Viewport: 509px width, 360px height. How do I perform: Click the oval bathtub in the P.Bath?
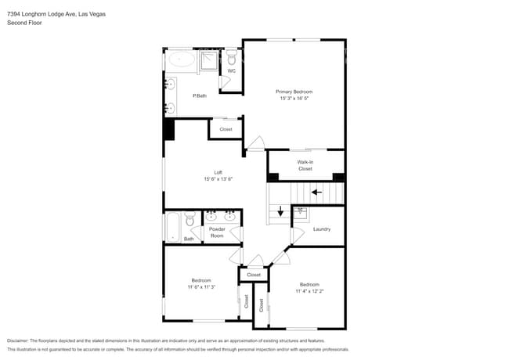pyautogui.click(x=183, y=59)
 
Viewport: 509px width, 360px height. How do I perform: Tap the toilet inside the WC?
pyautogui.click(x=233, y=59)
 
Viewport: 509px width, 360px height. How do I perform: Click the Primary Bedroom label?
pyautogui.click(x=294, y=92)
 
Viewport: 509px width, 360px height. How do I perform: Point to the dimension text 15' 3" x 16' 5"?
pyautogui.click(x=294, y=99)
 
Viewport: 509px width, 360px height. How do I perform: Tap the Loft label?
pyautogui.click(x=218, y=172)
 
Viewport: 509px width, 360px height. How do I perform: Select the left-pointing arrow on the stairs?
pyautogui.click(x=317, y=190)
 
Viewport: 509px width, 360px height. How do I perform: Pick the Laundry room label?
pyautogui.click(x=321, y=229)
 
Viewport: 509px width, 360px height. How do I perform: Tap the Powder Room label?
pyautogui.click(x=217, y=232)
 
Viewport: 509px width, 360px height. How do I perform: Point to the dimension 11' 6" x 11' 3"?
pyautogui.click(x=201, y=287)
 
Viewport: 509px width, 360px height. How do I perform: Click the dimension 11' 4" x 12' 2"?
pyautogui.click(x=309, y=291)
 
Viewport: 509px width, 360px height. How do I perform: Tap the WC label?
pyautogui.click(x=232, y=71)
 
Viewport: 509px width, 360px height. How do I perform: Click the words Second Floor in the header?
pyautogui.click(x=25, y=23)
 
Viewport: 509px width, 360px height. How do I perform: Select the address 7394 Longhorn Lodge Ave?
pyautogui.click(x=45, y=14)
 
